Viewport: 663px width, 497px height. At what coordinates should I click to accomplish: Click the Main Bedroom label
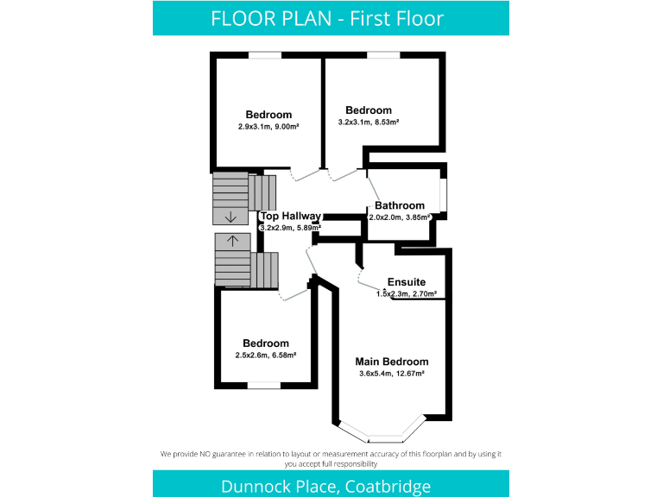392,362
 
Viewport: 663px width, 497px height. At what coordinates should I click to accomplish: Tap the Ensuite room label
406,282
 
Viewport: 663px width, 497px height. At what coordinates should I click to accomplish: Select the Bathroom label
399,205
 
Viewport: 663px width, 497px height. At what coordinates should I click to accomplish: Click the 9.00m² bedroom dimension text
268,126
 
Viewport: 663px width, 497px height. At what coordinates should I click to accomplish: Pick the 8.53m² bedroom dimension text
369,122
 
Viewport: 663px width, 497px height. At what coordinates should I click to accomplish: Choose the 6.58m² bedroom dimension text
266,355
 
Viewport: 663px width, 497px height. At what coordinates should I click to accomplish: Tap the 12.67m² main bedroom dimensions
392,374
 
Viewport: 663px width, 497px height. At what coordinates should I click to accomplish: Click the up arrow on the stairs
231,240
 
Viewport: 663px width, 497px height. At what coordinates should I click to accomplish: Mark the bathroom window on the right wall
444,195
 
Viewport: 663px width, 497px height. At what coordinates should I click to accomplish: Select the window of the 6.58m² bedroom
264,386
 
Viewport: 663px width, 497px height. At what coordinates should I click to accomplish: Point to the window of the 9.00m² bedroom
265,56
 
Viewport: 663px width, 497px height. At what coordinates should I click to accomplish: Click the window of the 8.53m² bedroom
382,56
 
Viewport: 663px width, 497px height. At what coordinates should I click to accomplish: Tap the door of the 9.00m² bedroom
304,175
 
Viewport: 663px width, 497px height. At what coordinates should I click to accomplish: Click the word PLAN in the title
312,18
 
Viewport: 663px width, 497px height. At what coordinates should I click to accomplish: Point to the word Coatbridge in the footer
388,487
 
